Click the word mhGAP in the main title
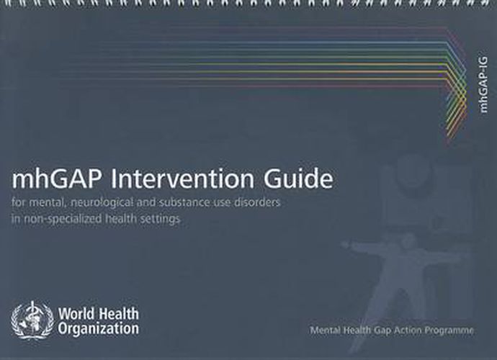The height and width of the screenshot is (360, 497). click(x=49, y=179)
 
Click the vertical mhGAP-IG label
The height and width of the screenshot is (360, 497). click(x=483, y=84)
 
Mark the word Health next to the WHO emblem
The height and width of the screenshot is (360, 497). click(x=120, y=314)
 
